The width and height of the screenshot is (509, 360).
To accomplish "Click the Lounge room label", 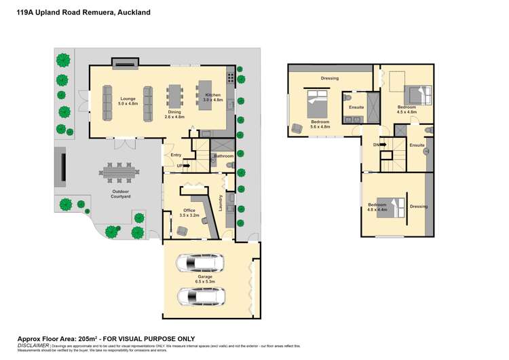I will [x=128, y=101].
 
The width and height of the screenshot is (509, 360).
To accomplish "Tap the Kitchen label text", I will [x=214, y=97].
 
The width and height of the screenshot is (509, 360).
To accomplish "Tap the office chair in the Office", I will [x=181, y=231].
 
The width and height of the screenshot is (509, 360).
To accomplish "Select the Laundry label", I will [x=221, y=202].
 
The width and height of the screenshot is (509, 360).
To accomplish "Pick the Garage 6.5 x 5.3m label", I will [x=206, y=279].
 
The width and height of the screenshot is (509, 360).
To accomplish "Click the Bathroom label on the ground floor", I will [x=223, y=156].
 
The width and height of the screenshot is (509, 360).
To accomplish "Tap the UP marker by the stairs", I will [x=179, y=165].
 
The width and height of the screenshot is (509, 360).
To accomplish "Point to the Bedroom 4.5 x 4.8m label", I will [x=407, y=109].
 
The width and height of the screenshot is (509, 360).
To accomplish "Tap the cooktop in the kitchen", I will [x=231, y=78].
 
